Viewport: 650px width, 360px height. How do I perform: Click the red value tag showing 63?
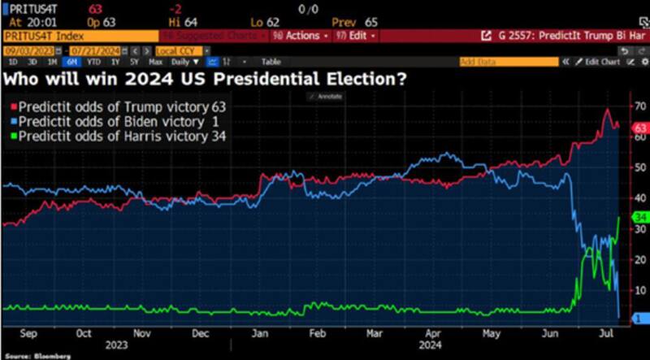[639, 128]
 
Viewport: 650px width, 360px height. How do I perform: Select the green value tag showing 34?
[639, 217]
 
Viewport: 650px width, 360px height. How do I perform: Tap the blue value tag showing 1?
[639, 317]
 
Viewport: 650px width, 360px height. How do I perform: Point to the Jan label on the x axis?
[259, 333]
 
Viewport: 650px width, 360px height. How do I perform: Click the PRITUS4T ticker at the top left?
[25, 7]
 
